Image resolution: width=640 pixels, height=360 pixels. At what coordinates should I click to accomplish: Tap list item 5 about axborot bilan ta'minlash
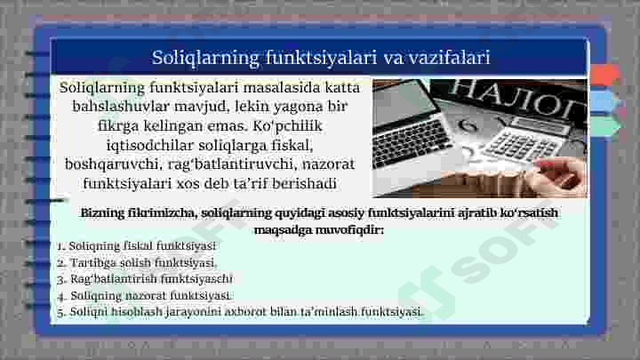click(239, 312)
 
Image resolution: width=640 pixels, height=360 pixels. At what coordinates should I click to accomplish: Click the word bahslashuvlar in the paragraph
click(124, 107)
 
